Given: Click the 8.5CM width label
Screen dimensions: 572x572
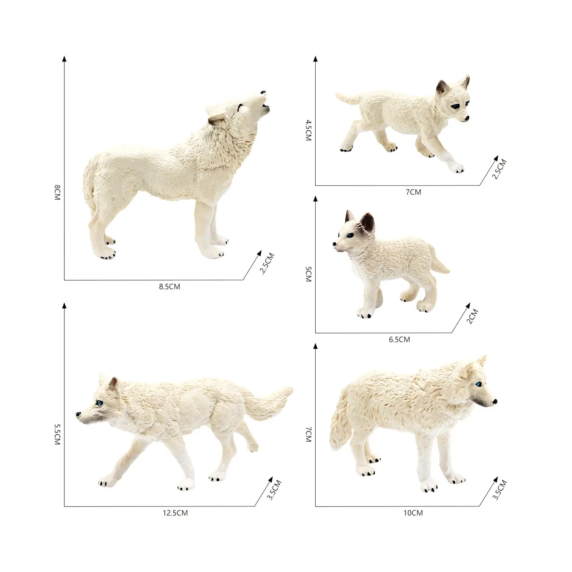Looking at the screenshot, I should coord(169,287).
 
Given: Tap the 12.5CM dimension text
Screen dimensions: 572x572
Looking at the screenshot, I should coord(175,513).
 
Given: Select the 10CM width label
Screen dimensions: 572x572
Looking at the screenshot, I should coord(413,513).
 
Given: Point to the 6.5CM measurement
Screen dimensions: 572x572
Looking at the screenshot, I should coord(399,340).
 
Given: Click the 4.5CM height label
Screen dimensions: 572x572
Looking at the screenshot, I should coord(309,130).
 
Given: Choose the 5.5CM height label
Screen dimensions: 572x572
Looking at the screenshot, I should coord(57,434).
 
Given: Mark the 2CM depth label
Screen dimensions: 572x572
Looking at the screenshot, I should coord(472,317).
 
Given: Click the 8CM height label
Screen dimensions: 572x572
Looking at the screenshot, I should coord(57,192).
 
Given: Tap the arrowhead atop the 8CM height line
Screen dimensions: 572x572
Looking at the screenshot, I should coord(64,59).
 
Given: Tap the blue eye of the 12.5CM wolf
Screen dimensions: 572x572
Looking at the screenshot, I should coord(99,403).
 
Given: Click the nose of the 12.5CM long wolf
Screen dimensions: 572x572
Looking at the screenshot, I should coord(78,414).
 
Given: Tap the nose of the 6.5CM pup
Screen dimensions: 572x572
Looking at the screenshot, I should coord(334,245).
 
